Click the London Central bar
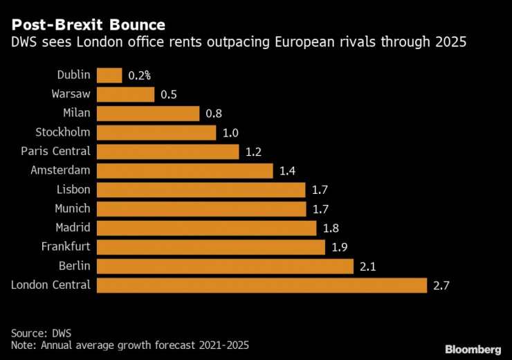(262, 285)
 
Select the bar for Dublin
(109, 75)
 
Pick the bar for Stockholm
(157, 132)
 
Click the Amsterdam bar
(185, 170)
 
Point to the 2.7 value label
(441, 285)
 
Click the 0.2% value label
(140, 75)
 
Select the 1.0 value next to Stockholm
(230, 132)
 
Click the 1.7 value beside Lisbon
(319, 190)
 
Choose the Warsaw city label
(71, 94)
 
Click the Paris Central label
(56, 152)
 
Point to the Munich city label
(73, 208)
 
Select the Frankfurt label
(66, 246)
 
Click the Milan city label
(77, 114)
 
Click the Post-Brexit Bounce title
(88, 25)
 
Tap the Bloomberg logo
(473, 349)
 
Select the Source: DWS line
(43, 332)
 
